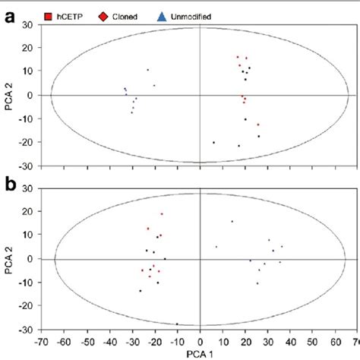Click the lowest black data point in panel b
(178, 324)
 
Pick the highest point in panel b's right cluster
(232, 221)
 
